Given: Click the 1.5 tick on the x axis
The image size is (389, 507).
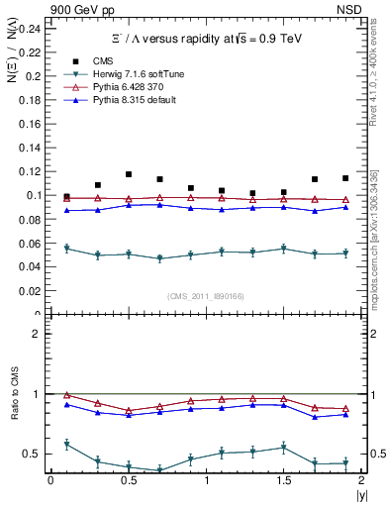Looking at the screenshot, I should (283, 479).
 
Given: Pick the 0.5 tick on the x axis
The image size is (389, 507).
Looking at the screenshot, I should (128, 479).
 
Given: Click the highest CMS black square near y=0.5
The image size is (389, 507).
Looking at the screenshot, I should (129, 174).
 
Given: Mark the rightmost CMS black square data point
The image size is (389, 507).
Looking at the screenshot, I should (345, 178).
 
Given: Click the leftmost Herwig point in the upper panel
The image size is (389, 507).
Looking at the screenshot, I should (66, 249).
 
